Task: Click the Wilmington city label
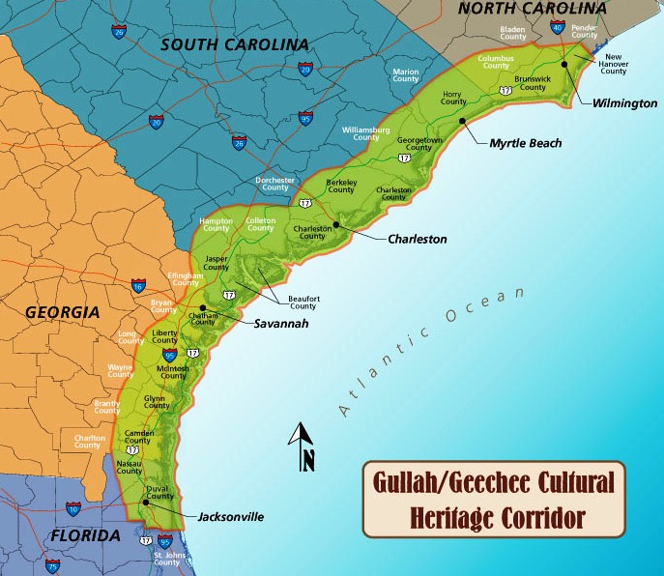pyautogui.click(x=625, y=102)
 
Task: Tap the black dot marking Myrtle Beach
pyautogui.click(x=464, y=121)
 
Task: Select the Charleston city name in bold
pyautogui.click(x=417, y=239)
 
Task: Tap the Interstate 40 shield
pyautogui.click(x=557, y=28)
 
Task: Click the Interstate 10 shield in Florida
pyautogui.click(x=73, y=508)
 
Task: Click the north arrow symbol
pyautogui.click(x=303, y=447)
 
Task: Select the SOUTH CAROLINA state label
pyautogui.click(x=234, y=44)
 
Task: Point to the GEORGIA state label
pyautogui.click(x=62, y=313)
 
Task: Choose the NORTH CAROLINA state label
pyautogui.click(x=532, y=9)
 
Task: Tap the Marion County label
pyautogui.click(x=406, y=74)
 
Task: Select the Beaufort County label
pyautogui.click(x=303, y=302)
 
